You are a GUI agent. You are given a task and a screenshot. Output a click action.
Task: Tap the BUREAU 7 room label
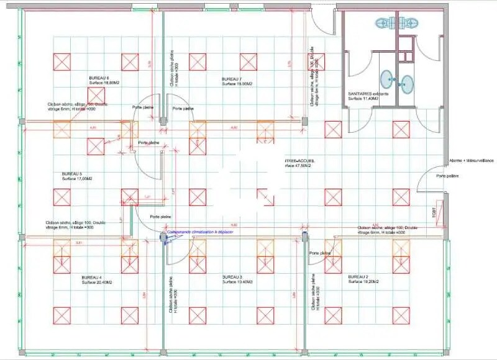[232, 79]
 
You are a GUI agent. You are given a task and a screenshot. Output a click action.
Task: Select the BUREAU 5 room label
[72, 173]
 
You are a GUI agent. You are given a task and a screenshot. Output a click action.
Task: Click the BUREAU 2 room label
[358, 277]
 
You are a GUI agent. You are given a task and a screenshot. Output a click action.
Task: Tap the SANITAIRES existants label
[368, 94]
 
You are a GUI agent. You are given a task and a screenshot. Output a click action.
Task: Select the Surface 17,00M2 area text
[77, 179]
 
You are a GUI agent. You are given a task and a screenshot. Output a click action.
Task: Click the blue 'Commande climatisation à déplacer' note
[198, 230]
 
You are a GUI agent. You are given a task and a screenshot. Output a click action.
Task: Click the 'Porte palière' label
[449, 176]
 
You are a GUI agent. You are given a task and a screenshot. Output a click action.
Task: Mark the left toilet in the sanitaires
[385, 24]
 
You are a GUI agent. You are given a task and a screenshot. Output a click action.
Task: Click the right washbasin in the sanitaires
[407, 82]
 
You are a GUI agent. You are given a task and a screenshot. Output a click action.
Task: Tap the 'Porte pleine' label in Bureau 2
[321, 253]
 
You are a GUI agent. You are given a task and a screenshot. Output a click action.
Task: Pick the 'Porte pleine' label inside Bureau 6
[143, 107]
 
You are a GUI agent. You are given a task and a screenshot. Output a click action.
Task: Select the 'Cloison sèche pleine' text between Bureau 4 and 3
[171, 304]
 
